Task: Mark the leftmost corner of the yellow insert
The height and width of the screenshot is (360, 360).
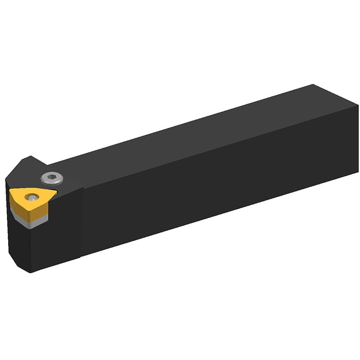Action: click(10, 191)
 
